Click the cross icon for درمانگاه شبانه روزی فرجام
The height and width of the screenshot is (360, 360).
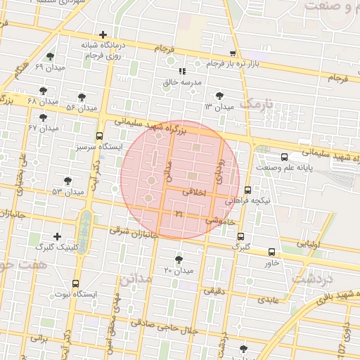tap(103, 34)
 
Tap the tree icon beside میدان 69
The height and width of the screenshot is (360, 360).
tap(50, 57)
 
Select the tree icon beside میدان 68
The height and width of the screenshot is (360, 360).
tap(44, 91)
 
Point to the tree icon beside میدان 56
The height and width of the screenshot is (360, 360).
tap(82, 97)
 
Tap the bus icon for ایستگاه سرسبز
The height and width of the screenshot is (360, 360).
tap(99, 136)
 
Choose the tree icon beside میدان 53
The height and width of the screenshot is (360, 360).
tap(67, 181)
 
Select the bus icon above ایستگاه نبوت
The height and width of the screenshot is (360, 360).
tap(75, 283)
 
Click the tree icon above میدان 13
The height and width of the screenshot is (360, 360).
tap(219, 96)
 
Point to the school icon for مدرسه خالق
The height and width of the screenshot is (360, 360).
tap(182, 71)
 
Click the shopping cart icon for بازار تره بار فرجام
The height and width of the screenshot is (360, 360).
tap(233, 53)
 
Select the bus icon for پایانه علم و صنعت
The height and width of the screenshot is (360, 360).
tap(284, 157)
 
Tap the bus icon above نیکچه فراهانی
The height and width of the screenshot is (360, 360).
tap(247, 190)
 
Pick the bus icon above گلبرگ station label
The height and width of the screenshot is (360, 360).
tap(241, 236)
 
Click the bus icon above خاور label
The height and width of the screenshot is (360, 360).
tap(272, 252)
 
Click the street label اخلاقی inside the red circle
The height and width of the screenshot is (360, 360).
tap(195, 191)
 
